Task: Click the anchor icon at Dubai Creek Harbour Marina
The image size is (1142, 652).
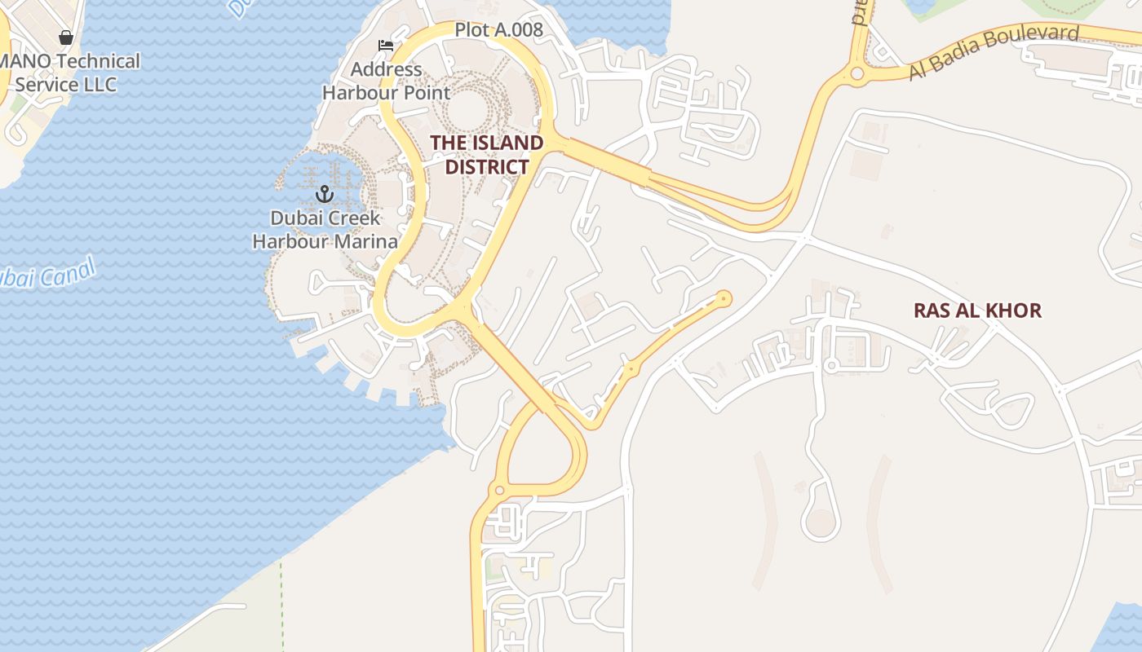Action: tap(325, 194)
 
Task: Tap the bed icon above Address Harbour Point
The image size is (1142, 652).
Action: tap(385, 45)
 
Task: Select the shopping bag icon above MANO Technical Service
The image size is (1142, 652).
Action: tap(66, 37)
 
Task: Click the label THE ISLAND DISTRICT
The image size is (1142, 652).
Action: tap(486, 155)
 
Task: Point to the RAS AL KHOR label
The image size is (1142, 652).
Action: tap(977, 311)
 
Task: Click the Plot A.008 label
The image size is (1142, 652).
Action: tap(498, 30)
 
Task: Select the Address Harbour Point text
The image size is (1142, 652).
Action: tap(386, 81)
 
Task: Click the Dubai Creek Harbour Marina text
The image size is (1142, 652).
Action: tap(325, 230)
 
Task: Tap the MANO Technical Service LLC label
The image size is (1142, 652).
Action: tap(69, 73)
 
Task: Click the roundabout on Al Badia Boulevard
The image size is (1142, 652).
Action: tap(856, 74)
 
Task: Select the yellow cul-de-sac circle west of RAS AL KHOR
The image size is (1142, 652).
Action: tap(723, 299)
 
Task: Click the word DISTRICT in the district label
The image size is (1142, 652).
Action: tap(486, 167)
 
